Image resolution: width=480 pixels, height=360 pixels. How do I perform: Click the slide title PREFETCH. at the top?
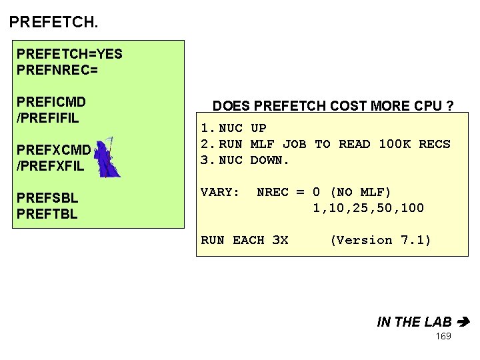click(x=53, y=22)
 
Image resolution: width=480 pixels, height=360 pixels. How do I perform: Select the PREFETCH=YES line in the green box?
click(x=69, y=53)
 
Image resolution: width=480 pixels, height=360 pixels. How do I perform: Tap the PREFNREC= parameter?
click(x=57, y=69)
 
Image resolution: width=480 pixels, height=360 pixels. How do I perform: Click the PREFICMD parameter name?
click(x=51, y=103)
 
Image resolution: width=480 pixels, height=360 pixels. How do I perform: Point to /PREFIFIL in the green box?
click(x=48, y=119)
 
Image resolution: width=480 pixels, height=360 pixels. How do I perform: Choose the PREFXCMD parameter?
click(x=53, y=151)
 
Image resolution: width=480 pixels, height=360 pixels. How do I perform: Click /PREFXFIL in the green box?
click(x=51, y=167)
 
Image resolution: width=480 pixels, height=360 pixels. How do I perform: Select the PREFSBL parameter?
click(x=47, y=199)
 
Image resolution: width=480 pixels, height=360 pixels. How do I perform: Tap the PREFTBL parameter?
click(x=47, y=214)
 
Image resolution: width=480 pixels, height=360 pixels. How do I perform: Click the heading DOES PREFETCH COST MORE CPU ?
click(x=333, y=106)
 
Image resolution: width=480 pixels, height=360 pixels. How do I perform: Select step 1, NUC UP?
click(x=234, y=128)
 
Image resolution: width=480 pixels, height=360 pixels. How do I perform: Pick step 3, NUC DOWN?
click(x=246, y=160)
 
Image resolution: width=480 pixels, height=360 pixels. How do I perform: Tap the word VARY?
click(x=220, y=192)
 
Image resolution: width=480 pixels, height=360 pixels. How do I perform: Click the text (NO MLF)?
click(x=361, y=192)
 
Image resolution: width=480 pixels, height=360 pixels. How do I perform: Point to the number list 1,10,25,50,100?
click(x=368, y=208)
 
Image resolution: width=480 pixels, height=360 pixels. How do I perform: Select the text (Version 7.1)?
click(x=380, y=240)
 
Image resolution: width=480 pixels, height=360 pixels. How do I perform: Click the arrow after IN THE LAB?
click(x=465, y=322)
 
